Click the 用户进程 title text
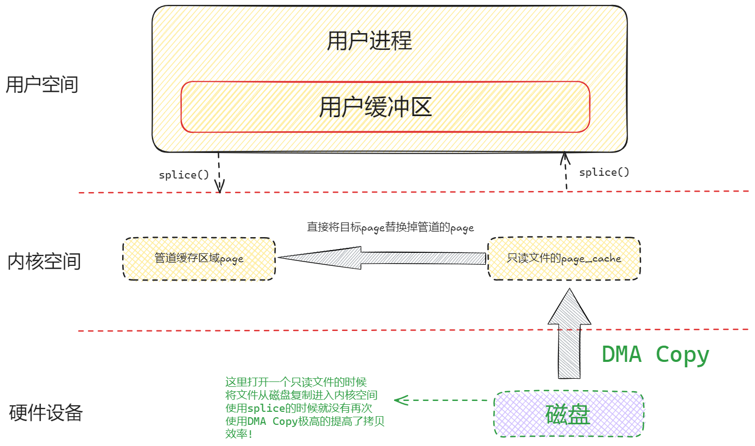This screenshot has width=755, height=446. coord(369,41)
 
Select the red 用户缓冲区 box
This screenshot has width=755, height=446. coord(385,107)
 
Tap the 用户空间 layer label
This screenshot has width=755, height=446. coord(42,85)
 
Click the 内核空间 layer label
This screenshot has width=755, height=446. coord(44,261)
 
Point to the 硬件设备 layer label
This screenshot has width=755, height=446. coord(46,413)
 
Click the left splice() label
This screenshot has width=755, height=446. coord(183,175)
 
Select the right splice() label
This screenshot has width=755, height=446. coord(604,172)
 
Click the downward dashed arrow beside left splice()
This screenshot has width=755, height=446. coord(219,173)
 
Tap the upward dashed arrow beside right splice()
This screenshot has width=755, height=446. coord(566,171)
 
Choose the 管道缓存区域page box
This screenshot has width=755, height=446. coord(199,258)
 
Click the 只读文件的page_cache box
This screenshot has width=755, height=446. coord(564,258)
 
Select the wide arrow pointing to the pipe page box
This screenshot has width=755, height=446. coord(380,258)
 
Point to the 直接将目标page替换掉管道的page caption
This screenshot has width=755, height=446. coord(390,227)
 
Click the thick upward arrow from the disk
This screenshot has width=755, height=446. coord(568,334)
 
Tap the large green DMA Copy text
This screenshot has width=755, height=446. coord(655,354)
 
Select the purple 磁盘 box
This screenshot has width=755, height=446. coord(568,413)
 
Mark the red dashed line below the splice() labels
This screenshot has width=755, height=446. coord(413,192)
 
